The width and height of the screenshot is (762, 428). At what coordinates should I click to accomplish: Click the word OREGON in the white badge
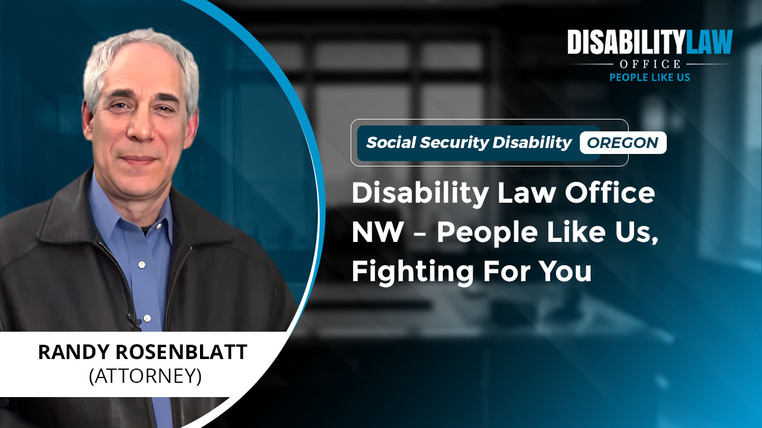(x=623, y=143)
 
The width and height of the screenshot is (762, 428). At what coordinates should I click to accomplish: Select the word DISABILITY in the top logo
(x=626, y=42)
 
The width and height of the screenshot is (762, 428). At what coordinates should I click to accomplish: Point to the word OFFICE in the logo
(x=650, y=64)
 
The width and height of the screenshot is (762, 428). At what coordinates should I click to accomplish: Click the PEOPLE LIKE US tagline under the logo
(x=649, y=77)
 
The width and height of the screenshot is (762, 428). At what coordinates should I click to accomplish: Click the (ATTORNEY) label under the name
(x=145, y=376)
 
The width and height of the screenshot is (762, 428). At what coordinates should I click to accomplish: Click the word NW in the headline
(x=377, y=232)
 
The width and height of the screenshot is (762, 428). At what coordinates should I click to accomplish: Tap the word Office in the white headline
(x=610, y=193)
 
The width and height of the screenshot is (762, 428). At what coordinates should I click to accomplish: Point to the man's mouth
(x=138, y=159)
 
